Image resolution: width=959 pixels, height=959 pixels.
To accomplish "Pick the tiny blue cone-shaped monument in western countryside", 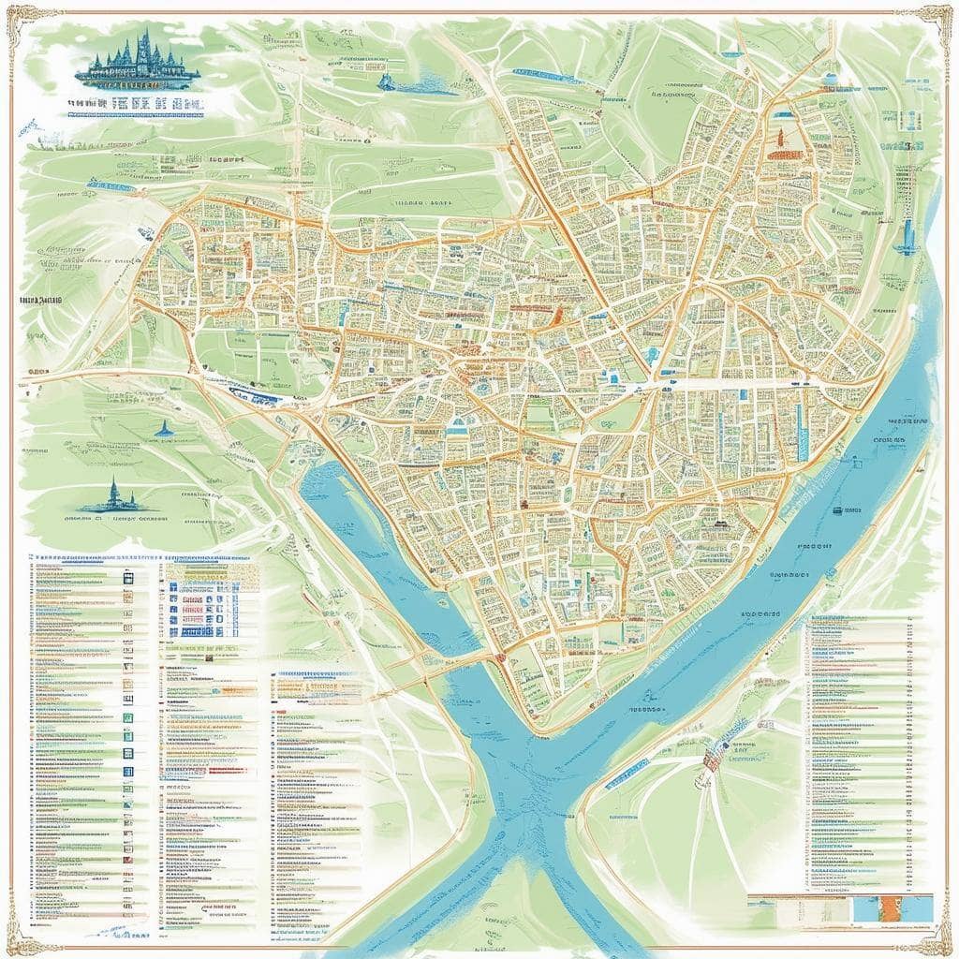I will click(165, 429).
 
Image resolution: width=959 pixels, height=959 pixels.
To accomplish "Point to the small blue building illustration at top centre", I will click(386, 82).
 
